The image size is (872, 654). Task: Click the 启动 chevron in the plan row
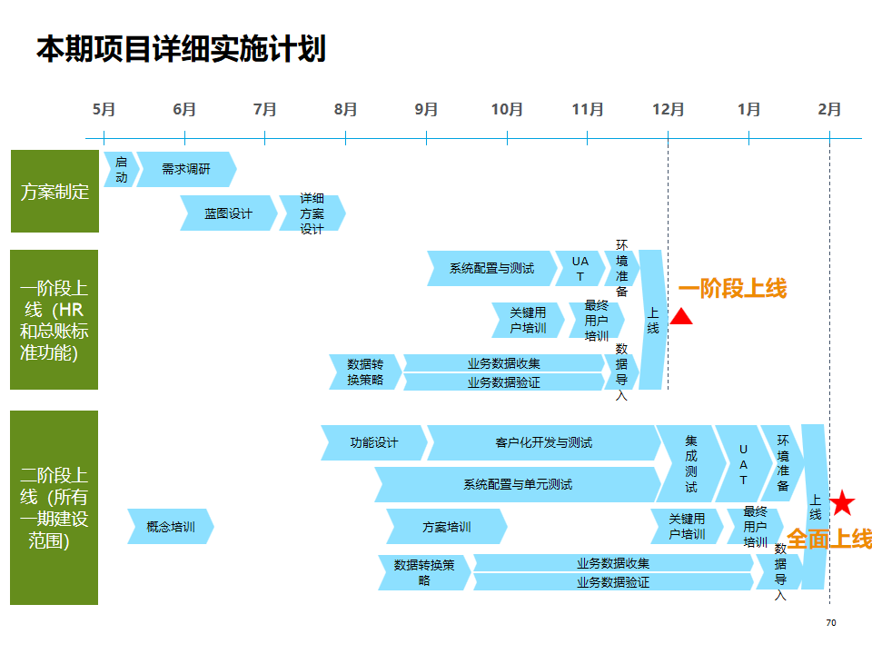click(x=121, y=170)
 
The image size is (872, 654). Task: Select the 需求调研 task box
click(x=185, y=170)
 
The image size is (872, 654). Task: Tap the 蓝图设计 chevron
click(x=228, y=213)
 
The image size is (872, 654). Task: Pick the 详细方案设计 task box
click(x=312, y=213)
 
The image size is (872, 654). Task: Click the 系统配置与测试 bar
click(x=491, y=268)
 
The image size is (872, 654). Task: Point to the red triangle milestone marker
click(x=681, y=317)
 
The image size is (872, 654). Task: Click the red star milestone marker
click(x=843, y=502)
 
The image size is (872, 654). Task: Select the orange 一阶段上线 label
click(x=732, y=289)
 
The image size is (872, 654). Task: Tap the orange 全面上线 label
click(x=828, y=539)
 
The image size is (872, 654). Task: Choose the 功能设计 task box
click(x=374, y=442)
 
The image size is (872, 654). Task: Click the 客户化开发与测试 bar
click(x=544, y=442)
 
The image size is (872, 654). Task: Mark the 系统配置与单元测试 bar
click(x=518, y=484)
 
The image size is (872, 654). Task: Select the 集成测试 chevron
click(x=690, y=463)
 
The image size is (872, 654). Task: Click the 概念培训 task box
click(x=171, y=527)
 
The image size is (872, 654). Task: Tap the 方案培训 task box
click(x=447, y=527)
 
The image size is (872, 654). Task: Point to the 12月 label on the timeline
click(x=668, y=109)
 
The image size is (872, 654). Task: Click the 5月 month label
click(x=104, y=109)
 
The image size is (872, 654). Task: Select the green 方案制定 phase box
click(x=54, y=192)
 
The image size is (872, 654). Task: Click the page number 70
click(x=830, y=623)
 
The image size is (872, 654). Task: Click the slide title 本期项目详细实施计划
click(x=181, y=49)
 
